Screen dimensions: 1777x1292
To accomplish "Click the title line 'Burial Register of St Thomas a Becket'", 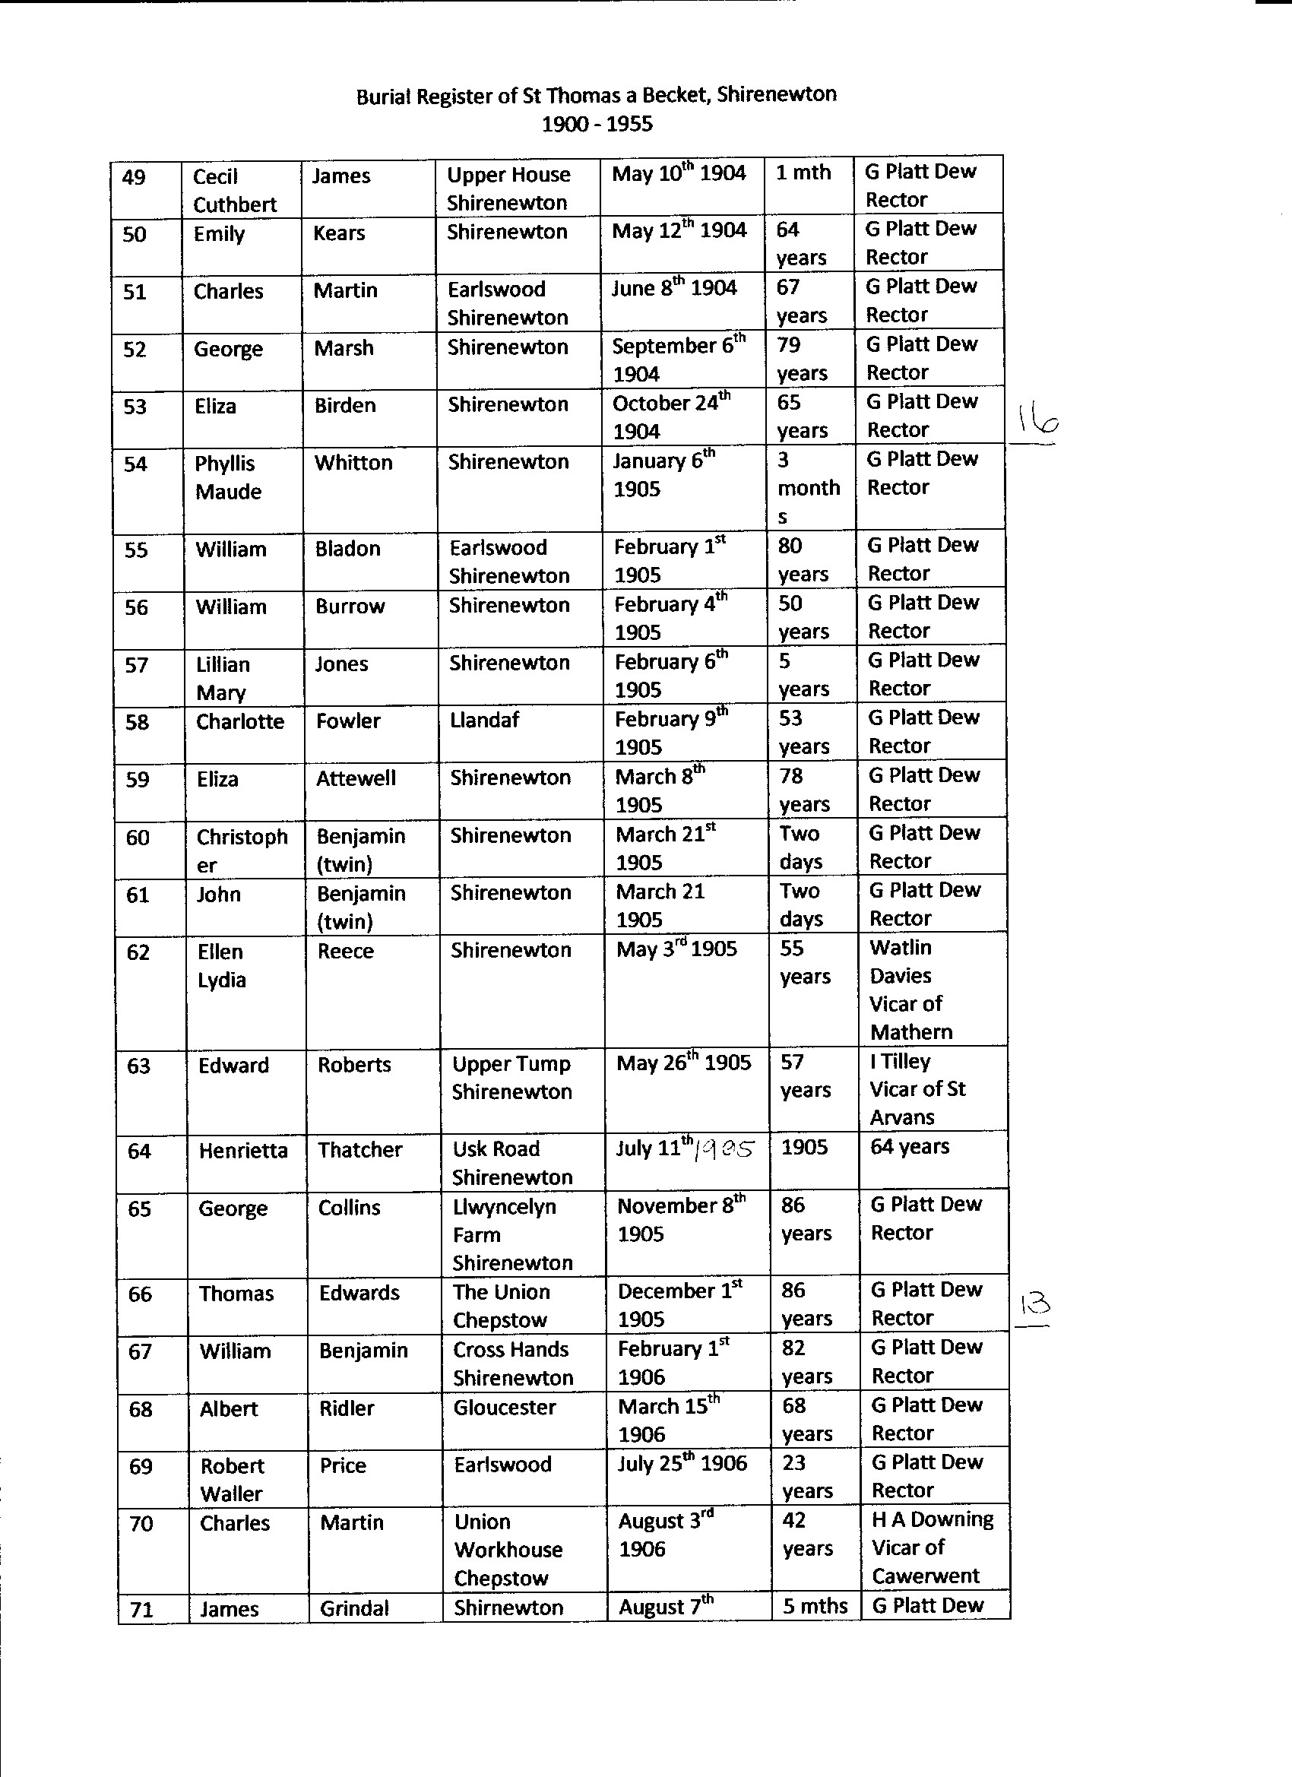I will [596, 96].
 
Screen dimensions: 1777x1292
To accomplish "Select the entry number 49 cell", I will [135, 178].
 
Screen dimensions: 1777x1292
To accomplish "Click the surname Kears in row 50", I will [339, 233].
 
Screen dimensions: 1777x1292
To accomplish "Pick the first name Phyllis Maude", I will [228, 477].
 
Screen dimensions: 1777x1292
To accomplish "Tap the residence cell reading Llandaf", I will [484, 720].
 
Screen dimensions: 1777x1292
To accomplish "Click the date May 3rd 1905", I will [676, 949].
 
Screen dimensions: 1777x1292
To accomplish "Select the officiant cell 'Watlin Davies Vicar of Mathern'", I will [910, 989].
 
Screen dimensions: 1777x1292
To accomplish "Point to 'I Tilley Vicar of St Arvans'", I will [917, 1089].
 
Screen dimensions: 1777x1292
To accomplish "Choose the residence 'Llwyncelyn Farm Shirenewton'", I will [512, 1234].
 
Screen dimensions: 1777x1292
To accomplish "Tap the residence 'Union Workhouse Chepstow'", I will [508, 1549].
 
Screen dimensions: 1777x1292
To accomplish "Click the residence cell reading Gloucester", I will [505, 1407].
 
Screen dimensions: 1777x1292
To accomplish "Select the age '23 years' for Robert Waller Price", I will [806, 1476].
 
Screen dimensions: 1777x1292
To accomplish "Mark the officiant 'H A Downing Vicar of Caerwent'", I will [931, 1547].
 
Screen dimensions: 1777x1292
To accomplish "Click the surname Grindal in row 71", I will [354, 1608].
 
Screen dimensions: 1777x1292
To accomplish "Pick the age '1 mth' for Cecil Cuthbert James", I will [803, 173].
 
